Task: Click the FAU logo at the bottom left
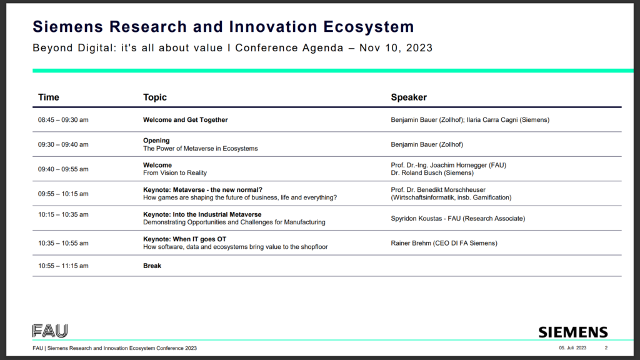point(50,331)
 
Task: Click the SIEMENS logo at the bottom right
point(573,332)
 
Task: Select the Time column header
point(49,97)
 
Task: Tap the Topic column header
point(155,97)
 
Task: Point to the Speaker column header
point(409,97)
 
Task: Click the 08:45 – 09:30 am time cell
point(63,120)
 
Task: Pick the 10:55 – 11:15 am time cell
point(63,266)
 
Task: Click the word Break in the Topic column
point(152,266)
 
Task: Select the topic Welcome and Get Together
point(185,120)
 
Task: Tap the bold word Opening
point(156,141)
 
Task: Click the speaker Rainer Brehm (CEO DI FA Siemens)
point(444,243)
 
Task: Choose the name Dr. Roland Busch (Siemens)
point(432,173)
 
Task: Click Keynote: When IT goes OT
point(184,239)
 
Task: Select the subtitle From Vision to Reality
point(175,173)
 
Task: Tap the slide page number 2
point(606,347)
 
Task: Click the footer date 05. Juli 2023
point(572,347)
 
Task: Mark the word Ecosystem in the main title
point(369,27)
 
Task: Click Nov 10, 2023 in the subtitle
point(396,48)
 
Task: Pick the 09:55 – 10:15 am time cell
point(63,194)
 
